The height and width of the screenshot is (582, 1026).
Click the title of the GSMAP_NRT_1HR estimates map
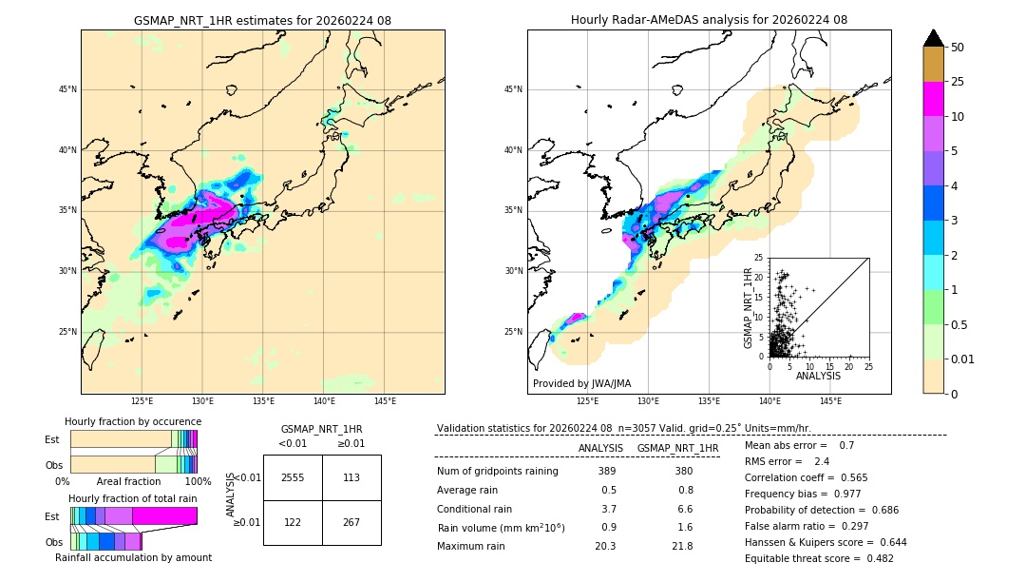pos(262,20)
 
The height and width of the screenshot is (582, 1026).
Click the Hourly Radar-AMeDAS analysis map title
pos(709,20)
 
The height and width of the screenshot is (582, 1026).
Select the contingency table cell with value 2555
pos(293,477)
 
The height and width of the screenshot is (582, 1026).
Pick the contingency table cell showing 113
pos(351,477)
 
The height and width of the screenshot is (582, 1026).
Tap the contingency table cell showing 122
pos(293,522)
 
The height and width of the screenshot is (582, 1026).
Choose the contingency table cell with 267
pos(351,522)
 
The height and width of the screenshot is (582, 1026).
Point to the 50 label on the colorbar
pos(958,48)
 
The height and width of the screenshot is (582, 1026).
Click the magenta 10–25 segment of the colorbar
pos(933,99)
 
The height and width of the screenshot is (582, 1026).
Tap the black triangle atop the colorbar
pos(933,38)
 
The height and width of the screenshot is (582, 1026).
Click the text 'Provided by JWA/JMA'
pos(581,384)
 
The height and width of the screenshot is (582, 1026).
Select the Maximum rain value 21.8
pos(681,546)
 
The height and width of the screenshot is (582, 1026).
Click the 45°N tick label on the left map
pos(67,89)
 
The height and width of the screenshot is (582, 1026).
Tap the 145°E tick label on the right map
pos(830,401)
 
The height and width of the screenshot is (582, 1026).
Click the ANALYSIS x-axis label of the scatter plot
pos(818,376)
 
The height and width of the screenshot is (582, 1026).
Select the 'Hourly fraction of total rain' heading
pos(133,498)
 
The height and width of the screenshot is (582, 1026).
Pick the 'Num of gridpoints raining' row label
pos(497,471)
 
